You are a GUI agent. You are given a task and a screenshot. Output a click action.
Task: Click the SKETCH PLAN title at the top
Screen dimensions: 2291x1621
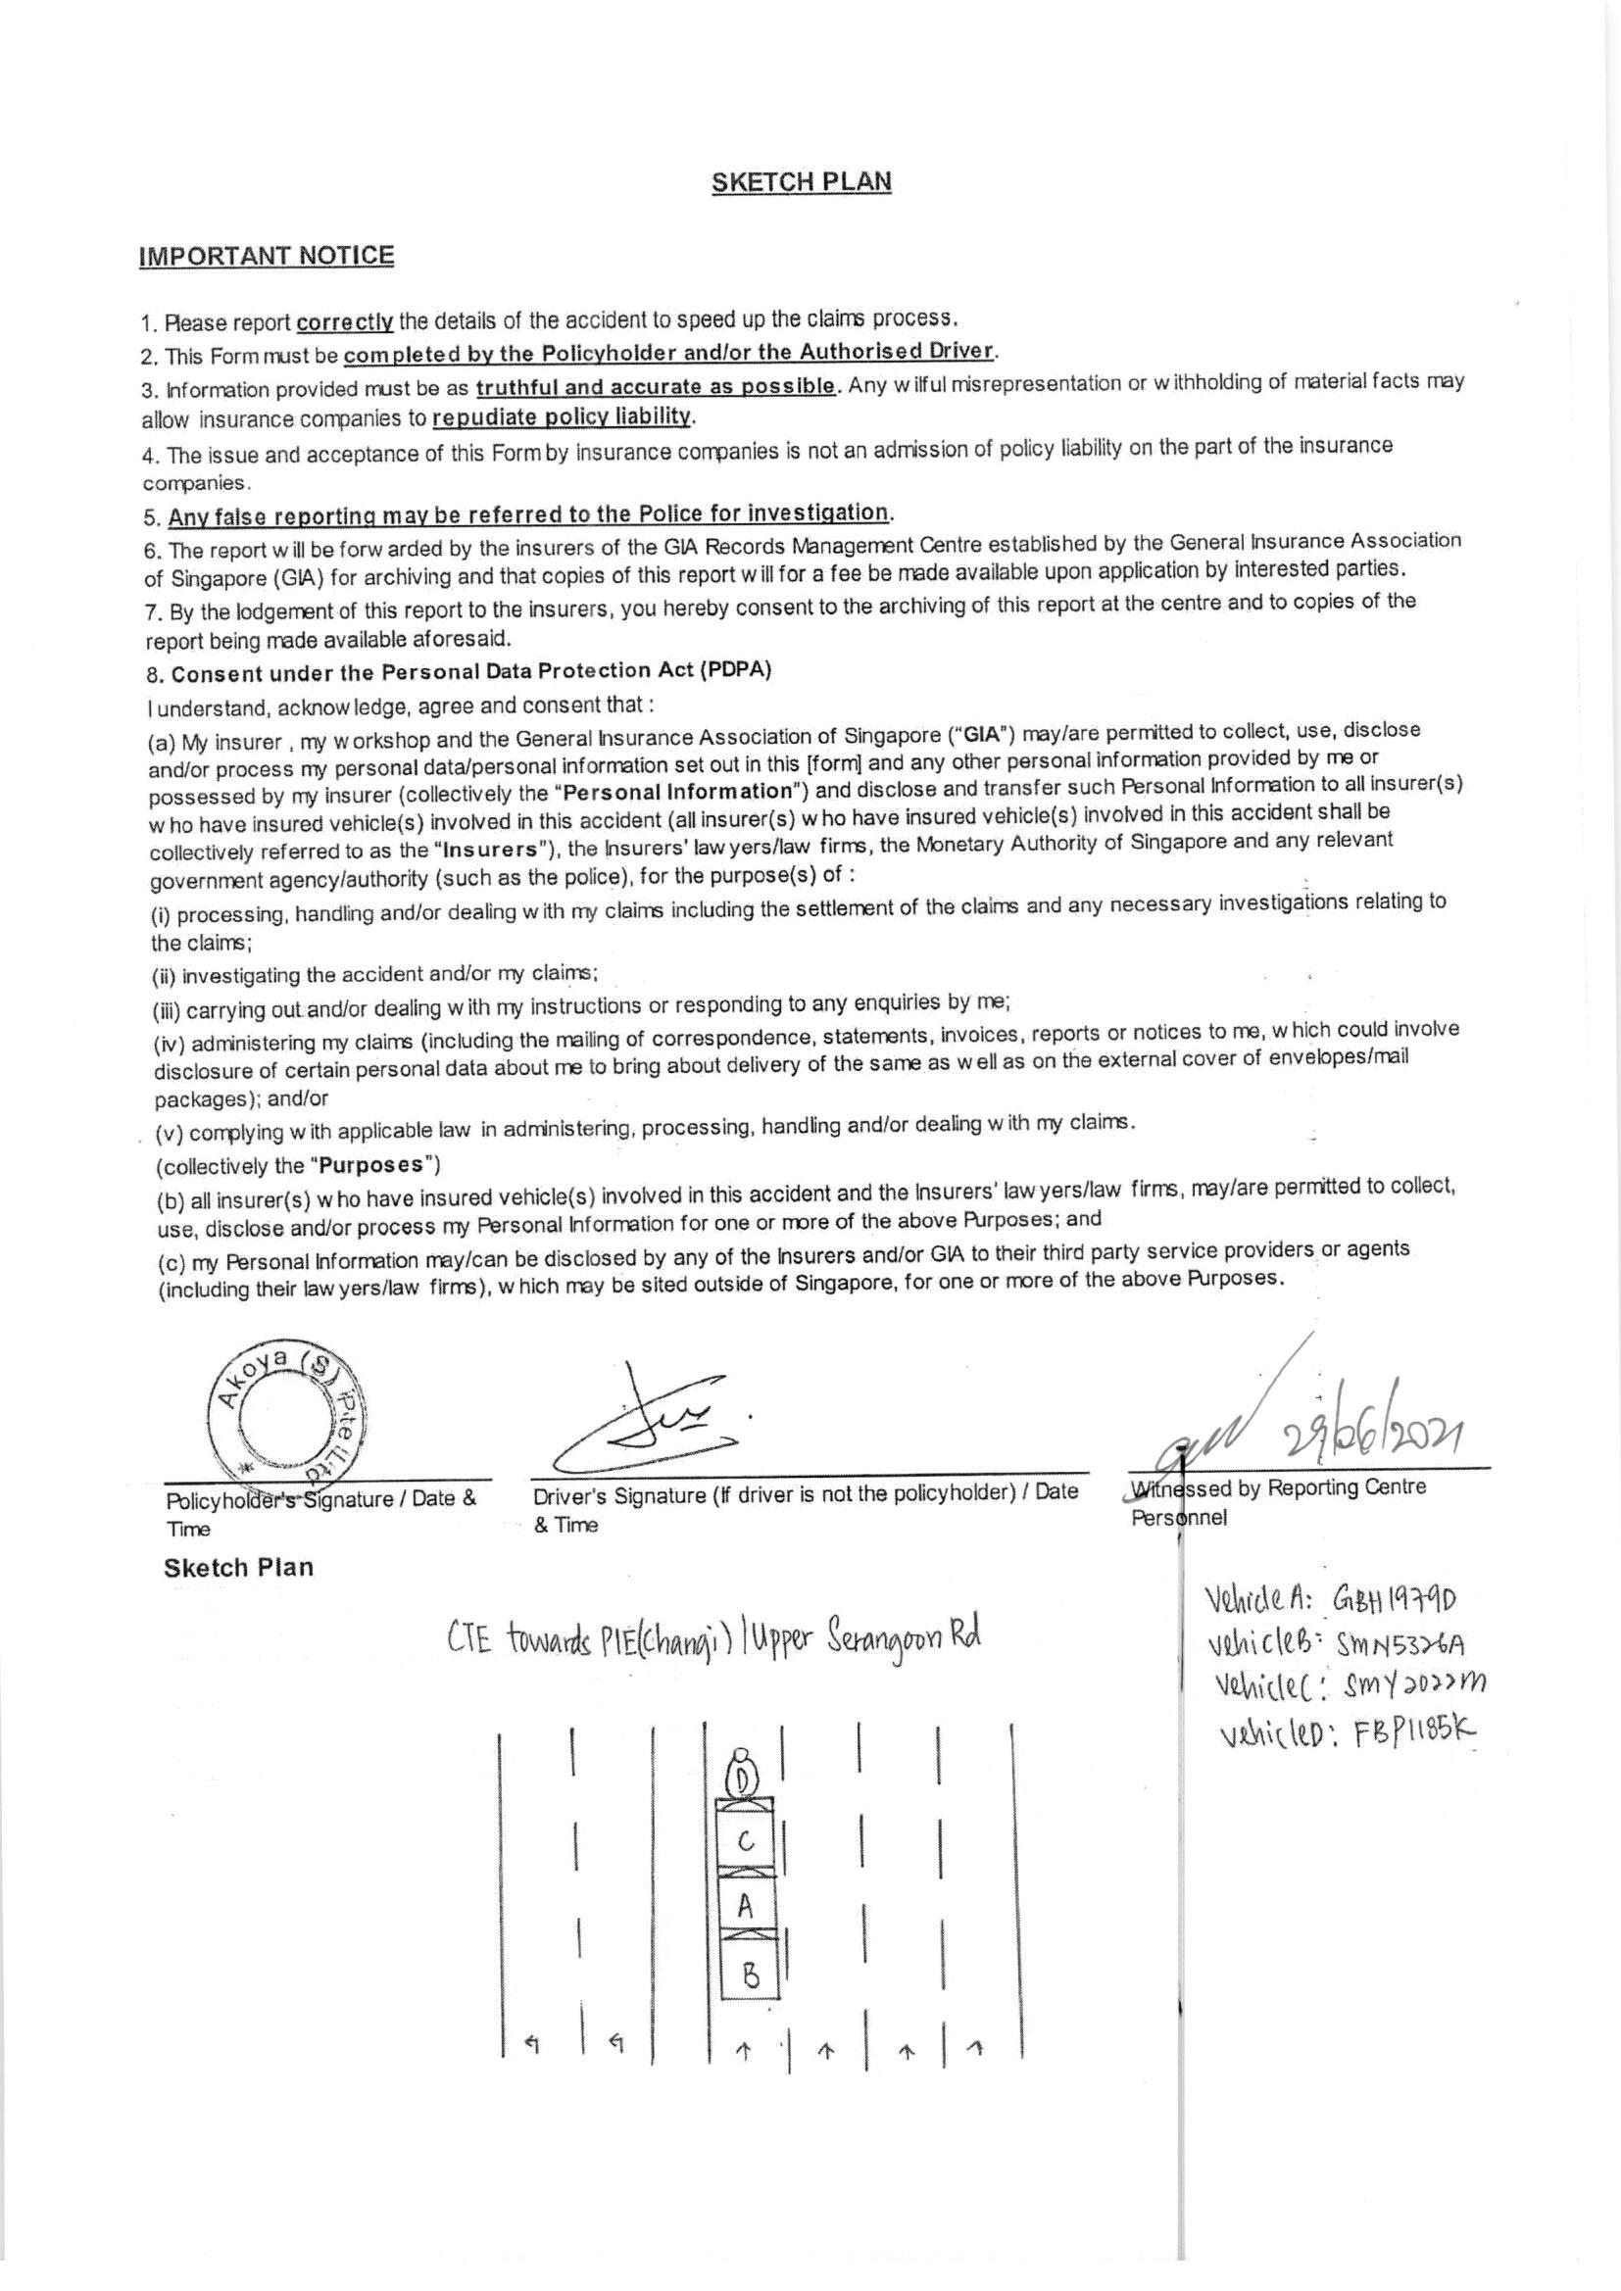click(x=802, y=182)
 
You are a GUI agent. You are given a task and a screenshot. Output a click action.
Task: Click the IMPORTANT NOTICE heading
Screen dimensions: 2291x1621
click(x=267, y=256)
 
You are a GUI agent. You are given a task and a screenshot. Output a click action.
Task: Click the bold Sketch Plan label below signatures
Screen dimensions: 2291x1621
click(x=238, y=1568)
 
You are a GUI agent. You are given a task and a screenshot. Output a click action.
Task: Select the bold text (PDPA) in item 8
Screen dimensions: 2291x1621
click(x=734, y=670)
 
